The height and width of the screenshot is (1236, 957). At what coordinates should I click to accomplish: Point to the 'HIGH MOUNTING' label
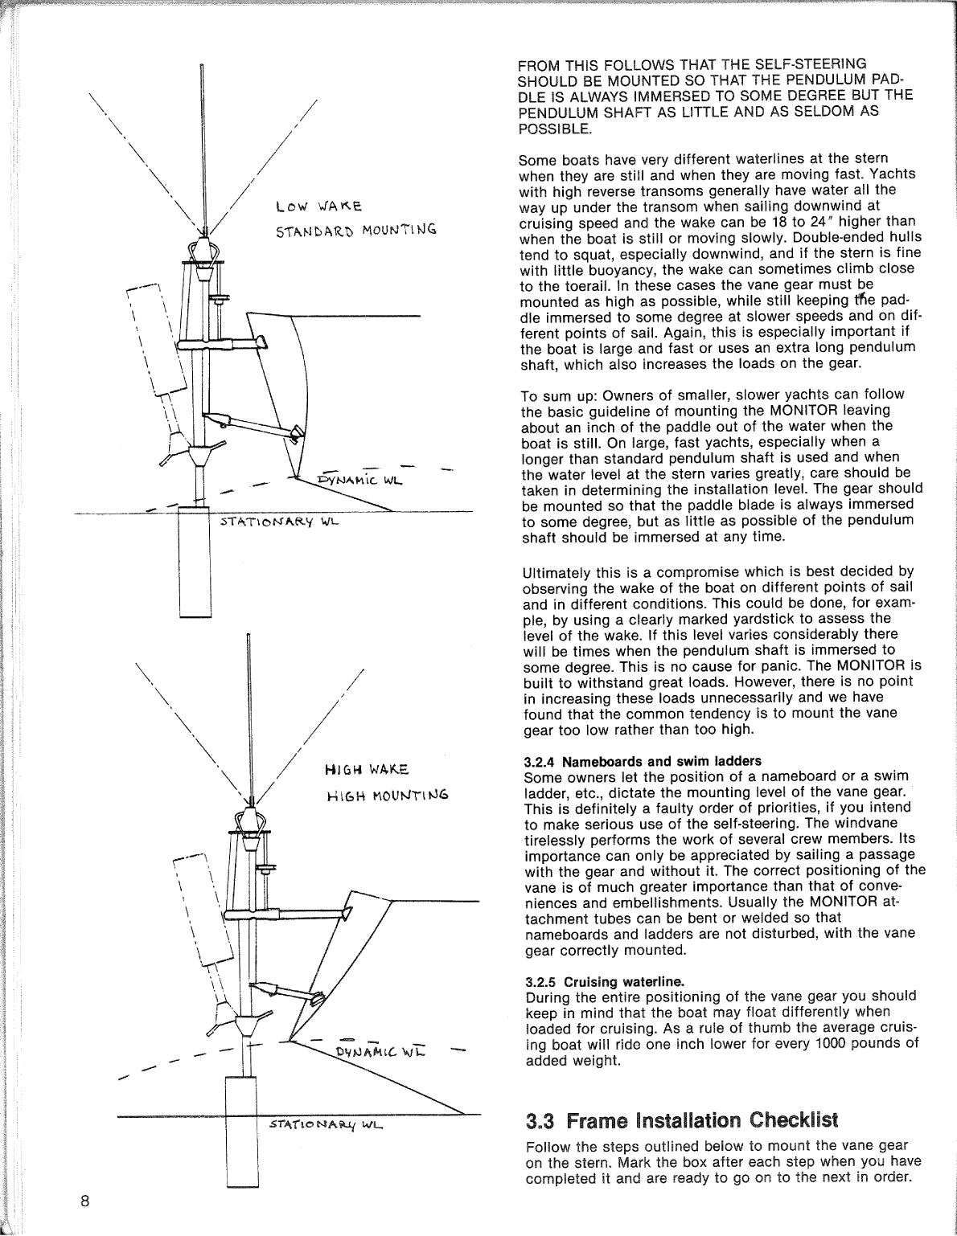[x=387, y=796]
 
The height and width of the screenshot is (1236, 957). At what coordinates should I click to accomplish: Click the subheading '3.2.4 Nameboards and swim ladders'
[x=642, y=760]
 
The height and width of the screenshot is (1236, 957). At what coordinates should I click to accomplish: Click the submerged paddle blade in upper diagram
[x=193, y=563]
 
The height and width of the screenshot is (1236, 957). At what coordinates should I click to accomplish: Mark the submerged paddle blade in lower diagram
[x=240, y=1133]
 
